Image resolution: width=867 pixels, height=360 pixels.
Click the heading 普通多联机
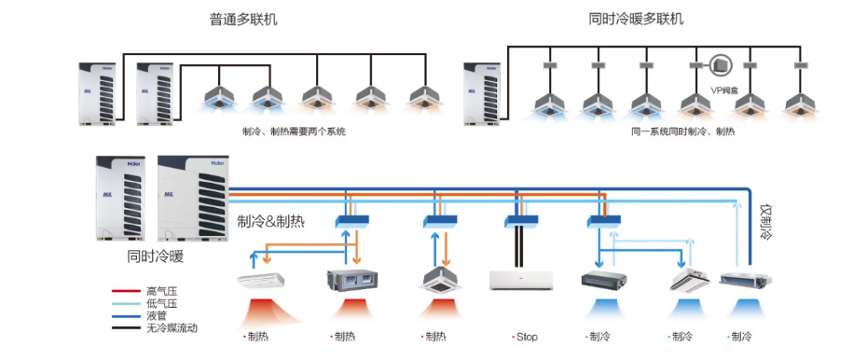[x=243, y=19]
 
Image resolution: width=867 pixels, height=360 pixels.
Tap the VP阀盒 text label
[x=724, y=90]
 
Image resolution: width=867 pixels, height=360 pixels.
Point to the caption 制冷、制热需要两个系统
[x=293, y=132]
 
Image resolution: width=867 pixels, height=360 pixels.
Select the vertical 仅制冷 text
[x=766, y=222]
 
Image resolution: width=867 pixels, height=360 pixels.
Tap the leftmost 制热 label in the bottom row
[x=257, y=337]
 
